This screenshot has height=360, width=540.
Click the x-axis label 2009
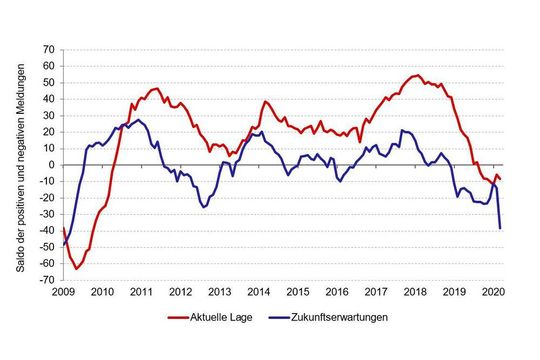(62, 292)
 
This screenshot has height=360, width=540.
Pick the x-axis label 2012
(180, 292)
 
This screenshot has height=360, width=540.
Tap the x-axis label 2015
(297, 292)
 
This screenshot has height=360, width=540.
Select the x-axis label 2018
(415, 292)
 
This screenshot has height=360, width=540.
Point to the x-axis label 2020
(493, 292)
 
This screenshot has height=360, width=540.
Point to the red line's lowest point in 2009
(76, 269)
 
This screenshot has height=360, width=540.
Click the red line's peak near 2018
(417, 75)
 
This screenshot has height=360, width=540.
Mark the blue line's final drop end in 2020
(500, 229)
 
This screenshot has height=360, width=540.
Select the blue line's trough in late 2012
(204, 207)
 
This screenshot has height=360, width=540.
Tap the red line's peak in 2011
(156, 88)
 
